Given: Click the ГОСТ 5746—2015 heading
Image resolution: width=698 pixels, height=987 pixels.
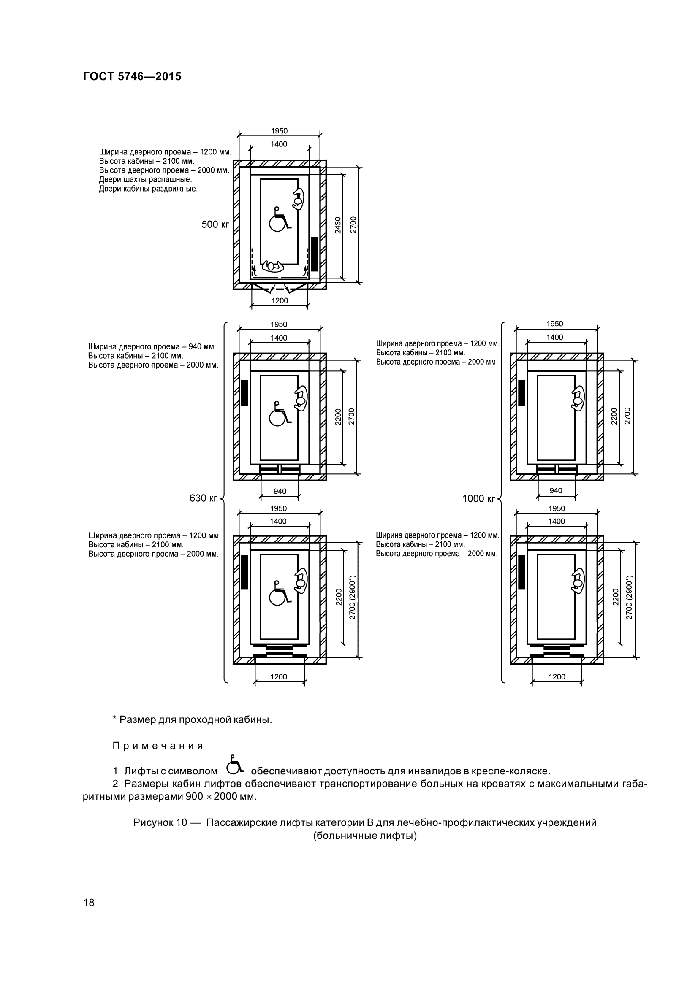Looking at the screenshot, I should [x=132, y=76].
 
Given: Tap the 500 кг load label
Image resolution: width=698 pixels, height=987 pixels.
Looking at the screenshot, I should [x=215, y=224].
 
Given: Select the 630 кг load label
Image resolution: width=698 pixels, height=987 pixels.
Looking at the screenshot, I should [x=204, y=498].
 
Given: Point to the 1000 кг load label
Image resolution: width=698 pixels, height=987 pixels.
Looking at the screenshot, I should [x=479, y=499].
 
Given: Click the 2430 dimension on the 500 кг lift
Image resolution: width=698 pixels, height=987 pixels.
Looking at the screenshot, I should [x=338, y=225].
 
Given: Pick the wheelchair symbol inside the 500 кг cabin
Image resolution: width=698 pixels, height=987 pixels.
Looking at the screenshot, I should [x=279, y=219].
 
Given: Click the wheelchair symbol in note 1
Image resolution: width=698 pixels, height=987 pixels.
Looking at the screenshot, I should [x=234, y=764].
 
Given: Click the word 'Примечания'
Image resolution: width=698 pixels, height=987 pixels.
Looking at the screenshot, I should [x=158, y=746].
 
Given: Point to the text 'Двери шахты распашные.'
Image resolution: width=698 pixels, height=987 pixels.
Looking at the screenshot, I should [x=145, y=180].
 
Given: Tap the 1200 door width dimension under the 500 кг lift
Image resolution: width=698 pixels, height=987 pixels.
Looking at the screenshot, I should [x=280, y=300].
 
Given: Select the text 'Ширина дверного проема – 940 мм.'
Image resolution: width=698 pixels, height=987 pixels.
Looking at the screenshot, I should [x=152, y=346].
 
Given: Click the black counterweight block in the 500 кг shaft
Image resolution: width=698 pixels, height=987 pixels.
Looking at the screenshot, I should [x=315, y=254].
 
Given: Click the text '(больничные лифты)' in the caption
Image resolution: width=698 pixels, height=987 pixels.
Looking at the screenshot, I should [x=365, y=836].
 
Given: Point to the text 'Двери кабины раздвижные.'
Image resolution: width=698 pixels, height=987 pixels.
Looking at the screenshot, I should [x=148, y=189].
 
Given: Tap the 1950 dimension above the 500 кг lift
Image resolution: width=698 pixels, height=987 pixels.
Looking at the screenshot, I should [x=279, y=131].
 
